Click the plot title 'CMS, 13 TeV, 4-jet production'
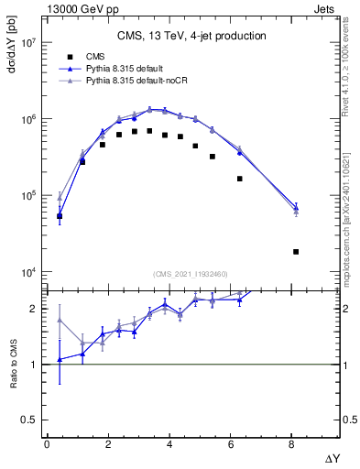(x=191, y=36)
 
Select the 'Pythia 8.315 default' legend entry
(x=127, y=69)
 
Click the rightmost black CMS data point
(x=296, y=251)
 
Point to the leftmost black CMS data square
(x=60, y=217)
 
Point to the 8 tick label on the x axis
(x=291, y=442)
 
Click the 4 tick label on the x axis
(x=169, y=442)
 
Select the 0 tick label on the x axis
(x=47, y=442)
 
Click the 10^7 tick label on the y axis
(x=27, y=43)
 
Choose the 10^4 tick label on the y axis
(x=27, y=272)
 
